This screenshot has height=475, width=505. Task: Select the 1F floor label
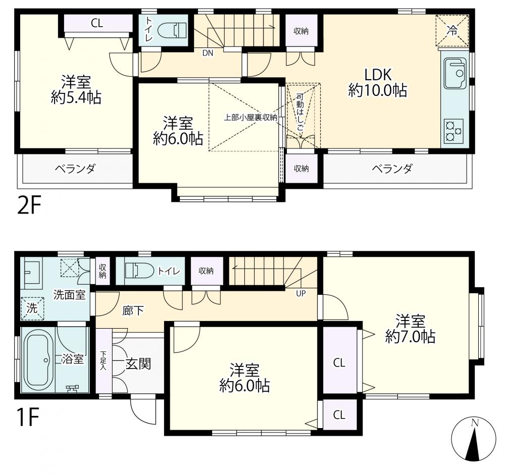(28, 417)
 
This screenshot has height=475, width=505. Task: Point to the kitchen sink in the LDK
(456, 73)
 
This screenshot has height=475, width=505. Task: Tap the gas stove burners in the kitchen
(454, 131)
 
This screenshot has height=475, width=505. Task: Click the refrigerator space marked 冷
(452, 31)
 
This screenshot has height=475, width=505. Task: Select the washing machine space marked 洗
(32, 308)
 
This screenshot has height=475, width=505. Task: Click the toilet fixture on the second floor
(171, 31)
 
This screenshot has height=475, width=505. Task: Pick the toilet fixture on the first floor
(140, 271)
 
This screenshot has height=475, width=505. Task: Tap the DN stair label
(208, 53)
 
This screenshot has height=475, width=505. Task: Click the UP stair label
(301, 294)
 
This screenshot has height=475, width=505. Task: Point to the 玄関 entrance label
(138, 364)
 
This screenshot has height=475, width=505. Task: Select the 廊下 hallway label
(133, 311)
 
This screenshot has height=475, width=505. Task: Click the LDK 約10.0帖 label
(377, 83)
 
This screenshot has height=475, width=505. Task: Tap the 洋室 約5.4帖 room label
(76, 89)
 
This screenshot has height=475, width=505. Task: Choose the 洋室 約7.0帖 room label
(410, 329)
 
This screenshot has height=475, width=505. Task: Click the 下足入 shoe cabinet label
(103, 360)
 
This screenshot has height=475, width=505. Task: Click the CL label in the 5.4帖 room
(96, 23)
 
